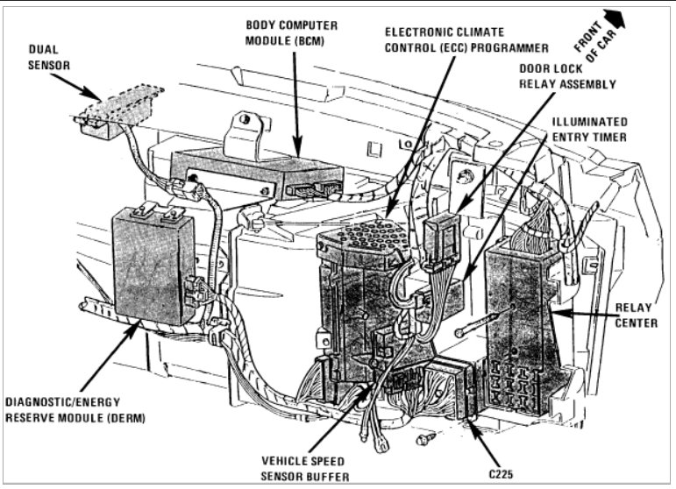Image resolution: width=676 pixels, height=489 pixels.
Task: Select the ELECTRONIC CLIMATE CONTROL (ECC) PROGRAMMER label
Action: pos(466,39)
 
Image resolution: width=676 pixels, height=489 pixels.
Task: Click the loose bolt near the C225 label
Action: pos(426,436)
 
